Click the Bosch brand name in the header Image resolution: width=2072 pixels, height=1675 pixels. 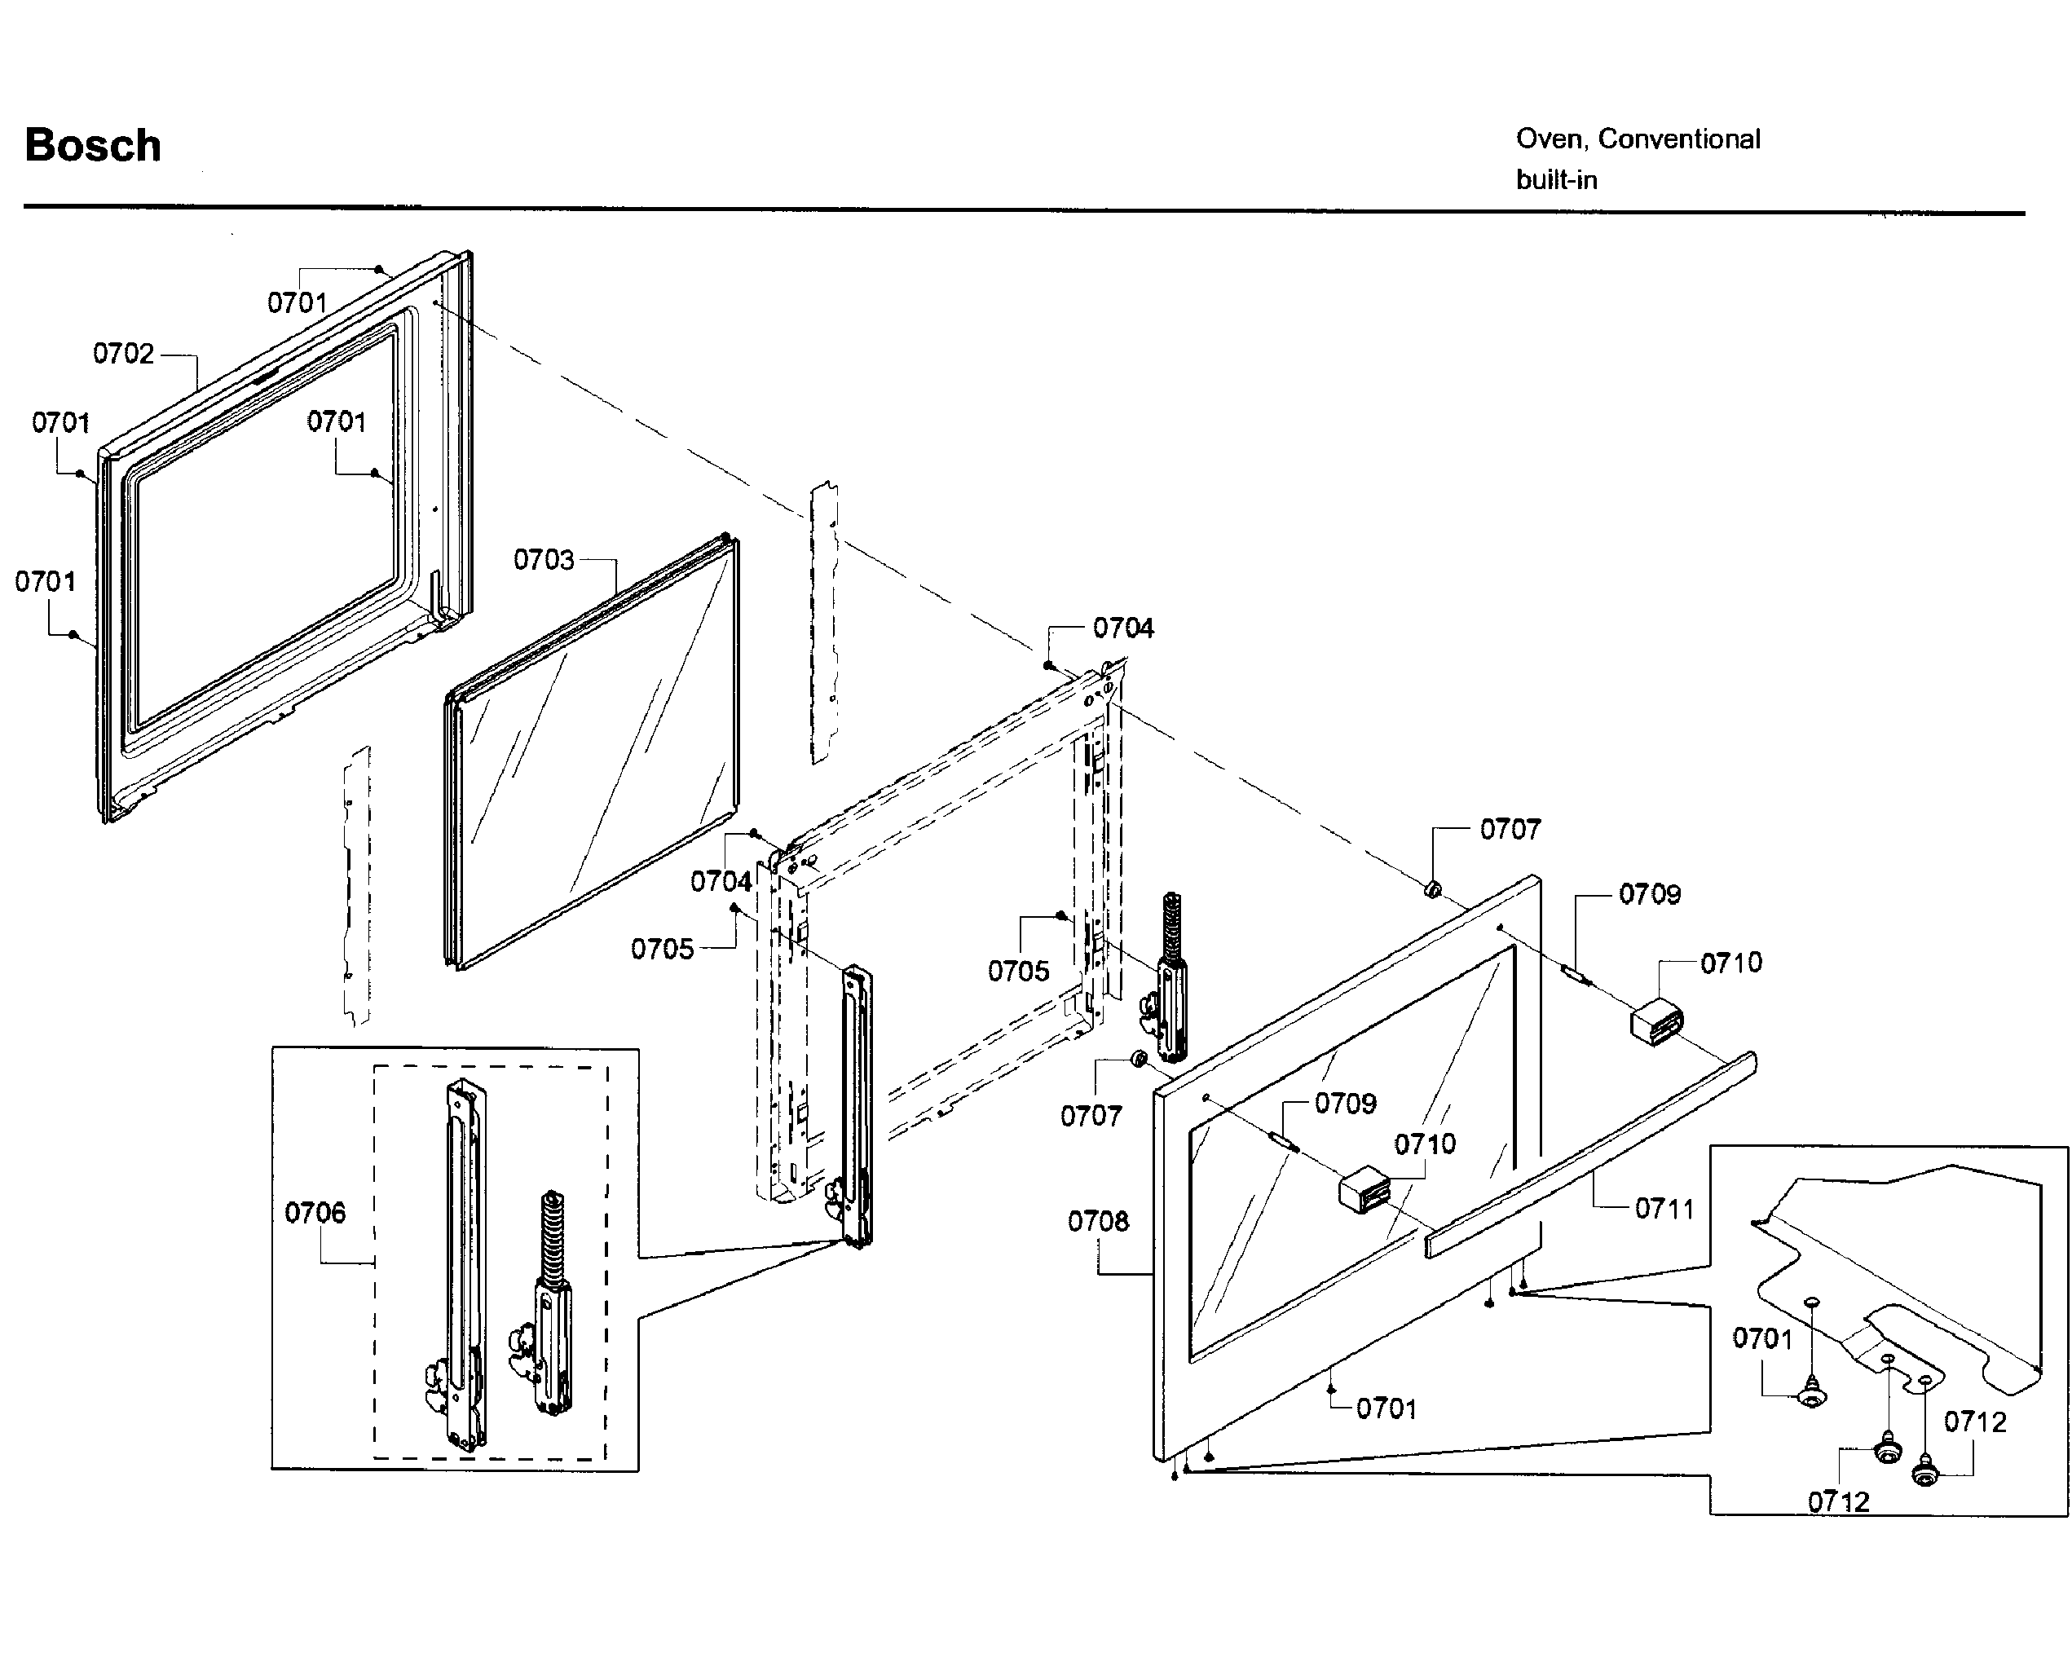(93, 146)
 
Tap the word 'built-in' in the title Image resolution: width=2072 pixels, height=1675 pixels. (1556, 180)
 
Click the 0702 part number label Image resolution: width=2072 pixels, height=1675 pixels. (123, 354)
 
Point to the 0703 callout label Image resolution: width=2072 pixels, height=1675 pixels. (543, 560)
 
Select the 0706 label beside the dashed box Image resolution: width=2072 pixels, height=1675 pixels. (315, 1213)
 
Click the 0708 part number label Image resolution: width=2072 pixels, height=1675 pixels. (1097, 1222)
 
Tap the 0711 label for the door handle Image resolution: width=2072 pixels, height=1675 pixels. (1664, 1209)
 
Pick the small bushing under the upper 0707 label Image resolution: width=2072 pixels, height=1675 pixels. (1434, 888)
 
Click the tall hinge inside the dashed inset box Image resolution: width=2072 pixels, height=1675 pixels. (464, 1264)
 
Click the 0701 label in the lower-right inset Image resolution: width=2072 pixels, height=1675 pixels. (1762, 1338)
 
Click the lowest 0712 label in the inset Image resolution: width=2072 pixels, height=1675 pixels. (1837, 1501)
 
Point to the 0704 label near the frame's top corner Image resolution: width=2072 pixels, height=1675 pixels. (1123, 628)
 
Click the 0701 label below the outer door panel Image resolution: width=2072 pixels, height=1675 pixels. (1386, 1408)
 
